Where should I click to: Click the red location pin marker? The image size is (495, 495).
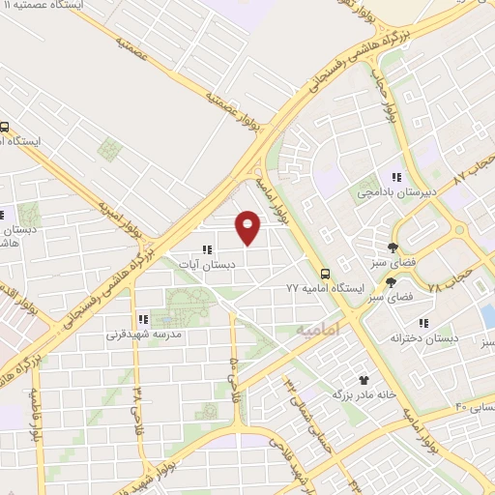(248, 227)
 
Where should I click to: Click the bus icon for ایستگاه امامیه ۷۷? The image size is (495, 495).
(326, 275)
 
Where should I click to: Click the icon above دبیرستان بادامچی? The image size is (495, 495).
(395, 177)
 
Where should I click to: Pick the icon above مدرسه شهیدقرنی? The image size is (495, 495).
(142, 318)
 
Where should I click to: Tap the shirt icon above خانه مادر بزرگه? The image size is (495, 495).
(364, 380)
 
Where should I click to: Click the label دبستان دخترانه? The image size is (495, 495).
(422, 339)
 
